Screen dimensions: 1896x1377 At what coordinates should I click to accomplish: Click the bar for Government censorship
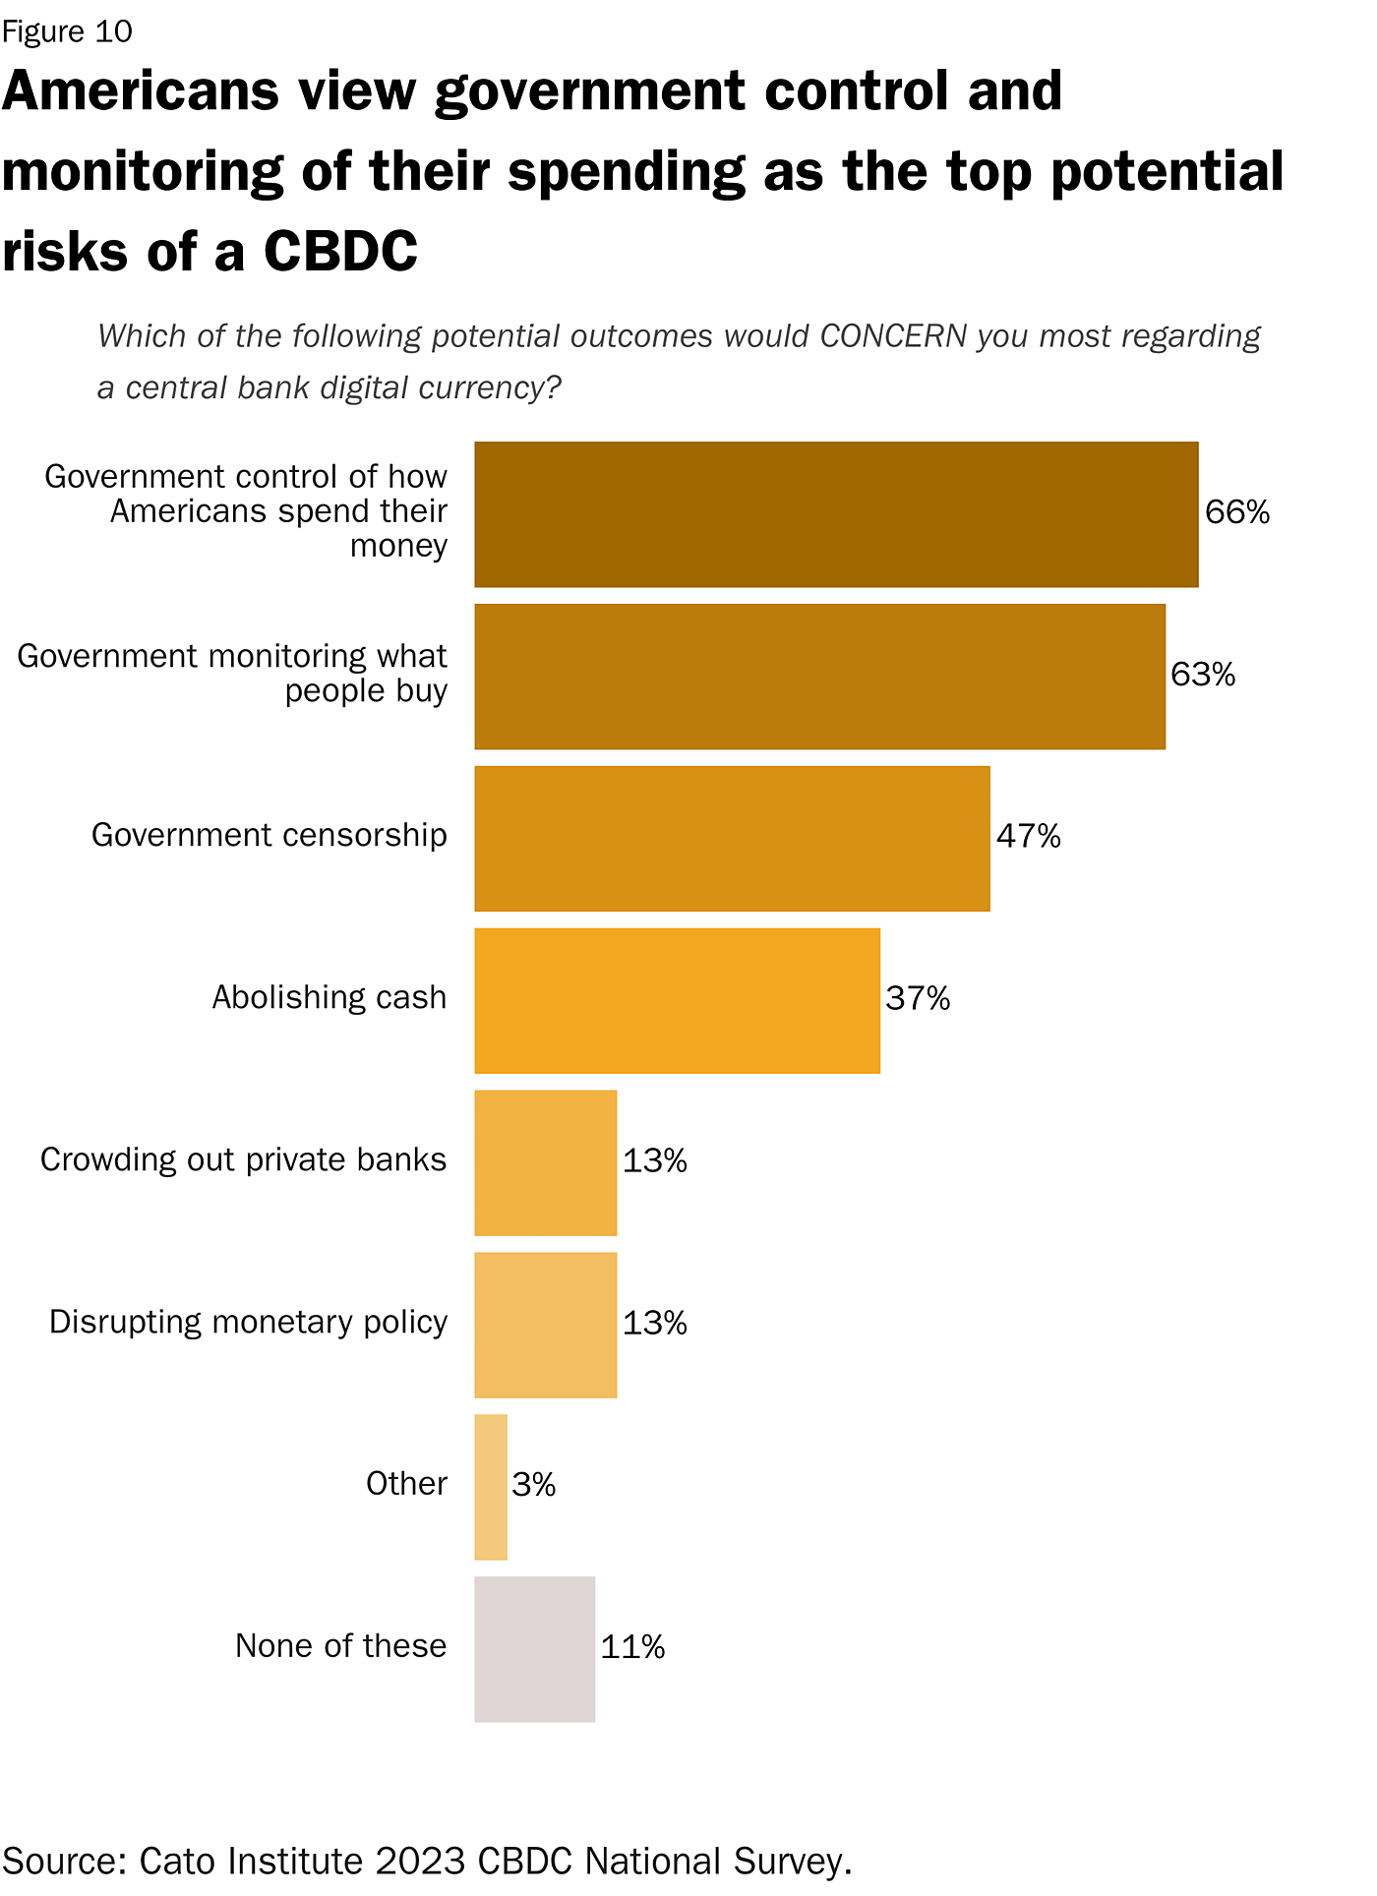coord(732,838)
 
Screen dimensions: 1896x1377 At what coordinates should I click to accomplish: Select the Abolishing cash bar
coord(677,1000)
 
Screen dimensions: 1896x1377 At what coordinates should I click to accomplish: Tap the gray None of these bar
coord(534,1649)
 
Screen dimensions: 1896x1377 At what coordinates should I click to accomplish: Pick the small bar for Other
coord(491,1487)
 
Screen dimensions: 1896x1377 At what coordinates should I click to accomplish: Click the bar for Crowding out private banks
coord(545,1162)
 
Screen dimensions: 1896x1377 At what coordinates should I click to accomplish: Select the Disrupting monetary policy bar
coord(545,1325)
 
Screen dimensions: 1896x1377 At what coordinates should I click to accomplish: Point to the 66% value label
coord(1236,512)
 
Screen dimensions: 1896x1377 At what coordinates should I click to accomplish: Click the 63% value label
coord(1202,675)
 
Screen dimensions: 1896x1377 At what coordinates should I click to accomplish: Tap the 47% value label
coord(1028,837)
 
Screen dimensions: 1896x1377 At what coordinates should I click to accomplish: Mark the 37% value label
coord(918,999)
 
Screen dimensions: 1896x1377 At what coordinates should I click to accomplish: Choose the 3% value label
coord(533,1485)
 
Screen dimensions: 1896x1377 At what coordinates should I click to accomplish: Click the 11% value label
coord(632,1647)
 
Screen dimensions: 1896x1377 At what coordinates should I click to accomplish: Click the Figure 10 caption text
coord(67,31)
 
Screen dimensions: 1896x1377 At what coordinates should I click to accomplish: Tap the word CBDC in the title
coord(340,251)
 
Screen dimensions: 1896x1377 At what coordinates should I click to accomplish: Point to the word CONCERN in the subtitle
coord(893,336)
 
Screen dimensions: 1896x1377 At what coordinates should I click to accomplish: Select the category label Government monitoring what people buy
coord(232,674)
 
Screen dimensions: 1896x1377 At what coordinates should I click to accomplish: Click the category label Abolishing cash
coord(329,998)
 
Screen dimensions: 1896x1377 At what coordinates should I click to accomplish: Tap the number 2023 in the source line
coord(420,1861)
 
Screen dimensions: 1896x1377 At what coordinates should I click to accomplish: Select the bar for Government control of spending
coord(836,514)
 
